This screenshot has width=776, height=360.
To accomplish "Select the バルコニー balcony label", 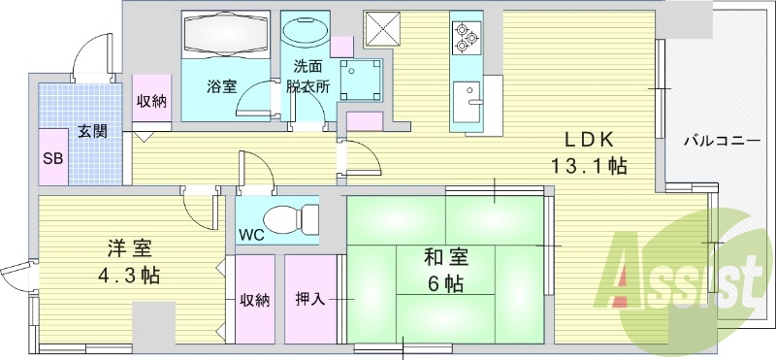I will point(721,139).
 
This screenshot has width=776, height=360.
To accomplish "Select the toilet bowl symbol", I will point(291,218).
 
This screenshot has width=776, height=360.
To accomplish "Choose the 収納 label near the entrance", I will point(150,100).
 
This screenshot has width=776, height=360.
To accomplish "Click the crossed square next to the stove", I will point(377,25).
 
